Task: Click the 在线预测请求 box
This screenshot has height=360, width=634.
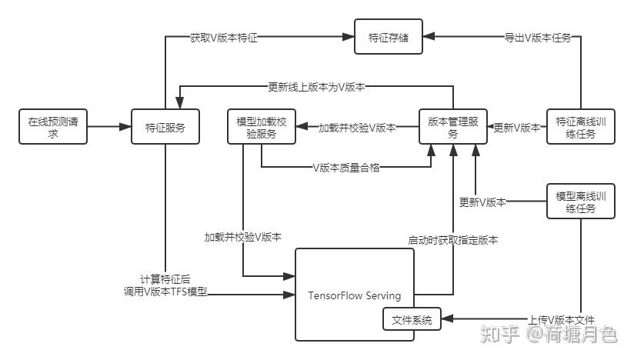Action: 52,127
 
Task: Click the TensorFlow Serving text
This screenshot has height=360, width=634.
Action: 354,295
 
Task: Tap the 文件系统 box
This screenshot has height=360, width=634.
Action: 412,318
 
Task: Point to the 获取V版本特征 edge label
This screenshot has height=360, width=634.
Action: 224,37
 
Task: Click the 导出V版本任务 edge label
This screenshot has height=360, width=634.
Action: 537,37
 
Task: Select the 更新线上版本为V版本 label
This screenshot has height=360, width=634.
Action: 316,87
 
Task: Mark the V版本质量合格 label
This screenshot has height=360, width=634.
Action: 346,167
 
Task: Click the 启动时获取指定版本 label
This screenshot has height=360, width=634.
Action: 453,240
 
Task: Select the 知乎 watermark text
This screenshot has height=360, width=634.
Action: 499,334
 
